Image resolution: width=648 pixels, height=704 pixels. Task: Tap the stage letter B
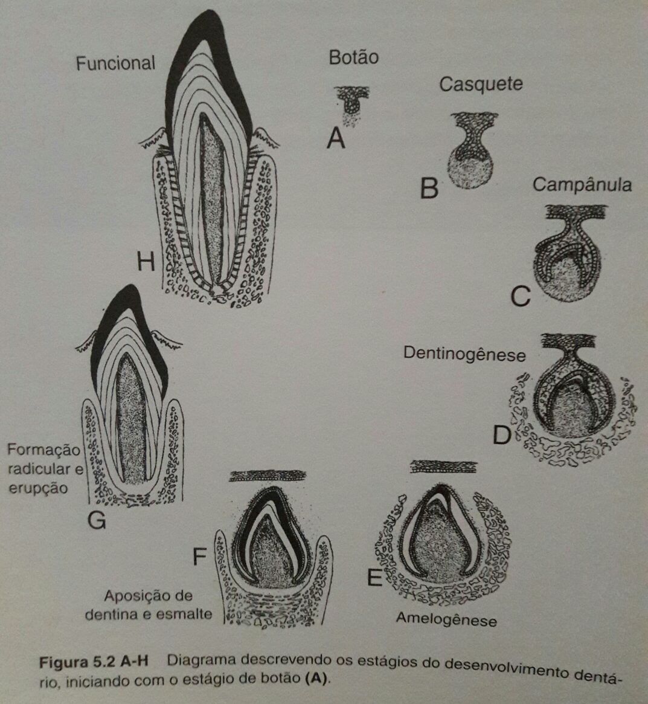point(429,189)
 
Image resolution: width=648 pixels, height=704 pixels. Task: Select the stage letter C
point(520,297)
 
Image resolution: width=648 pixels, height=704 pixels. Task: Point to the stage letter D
point(502,434)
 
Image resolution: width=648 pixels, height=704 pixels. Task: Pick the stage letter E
point(374,578)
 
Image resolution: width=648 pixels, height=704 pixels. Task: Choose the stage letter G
point(97,520)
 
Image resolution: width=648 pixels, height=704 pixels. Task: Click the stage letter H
point(146,262)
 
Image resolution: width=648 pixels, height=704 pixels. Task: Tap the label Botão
point(353,57)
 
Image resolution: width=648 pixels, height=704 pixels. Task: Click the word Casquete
point(481,84)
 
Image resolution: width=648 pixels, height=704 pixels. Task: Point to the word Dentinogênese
point(464,354)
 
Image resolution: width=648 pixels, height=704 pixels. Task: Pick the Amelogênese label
point(446,619)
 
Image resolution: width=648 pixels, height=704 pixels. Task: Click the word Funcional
point(115,63)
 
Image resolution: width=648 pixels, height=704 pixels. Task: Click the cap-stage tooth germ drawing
point(470,151)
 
